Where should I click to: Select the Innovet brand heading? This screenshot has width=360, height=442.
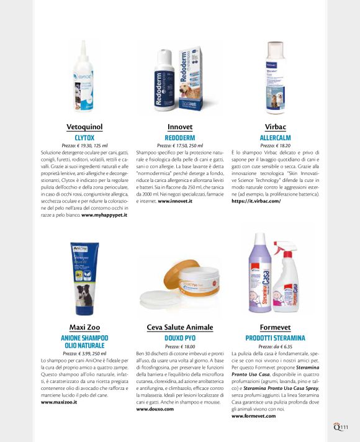click(180, 127)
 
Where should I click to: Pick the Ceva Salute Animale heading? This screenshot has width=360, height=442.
click(180, 327)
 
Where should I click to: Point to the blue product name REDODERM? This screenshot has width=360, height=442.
click(180, 137)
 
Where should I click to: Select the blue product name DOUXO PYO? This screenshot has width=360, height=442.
click(180, 337)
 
